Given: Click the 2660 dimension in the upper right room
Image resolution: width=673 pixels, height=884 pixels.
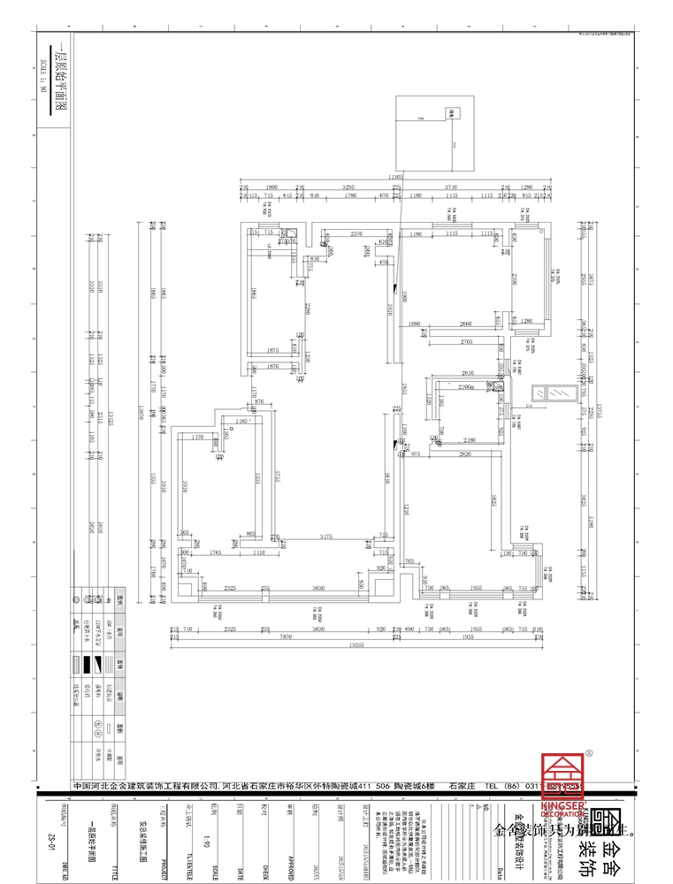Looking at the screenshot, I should click(x=466, y=323).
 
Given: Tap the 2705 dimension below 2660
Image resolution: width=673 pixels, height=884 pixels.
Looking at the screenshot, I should click(x=468, y=341).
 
